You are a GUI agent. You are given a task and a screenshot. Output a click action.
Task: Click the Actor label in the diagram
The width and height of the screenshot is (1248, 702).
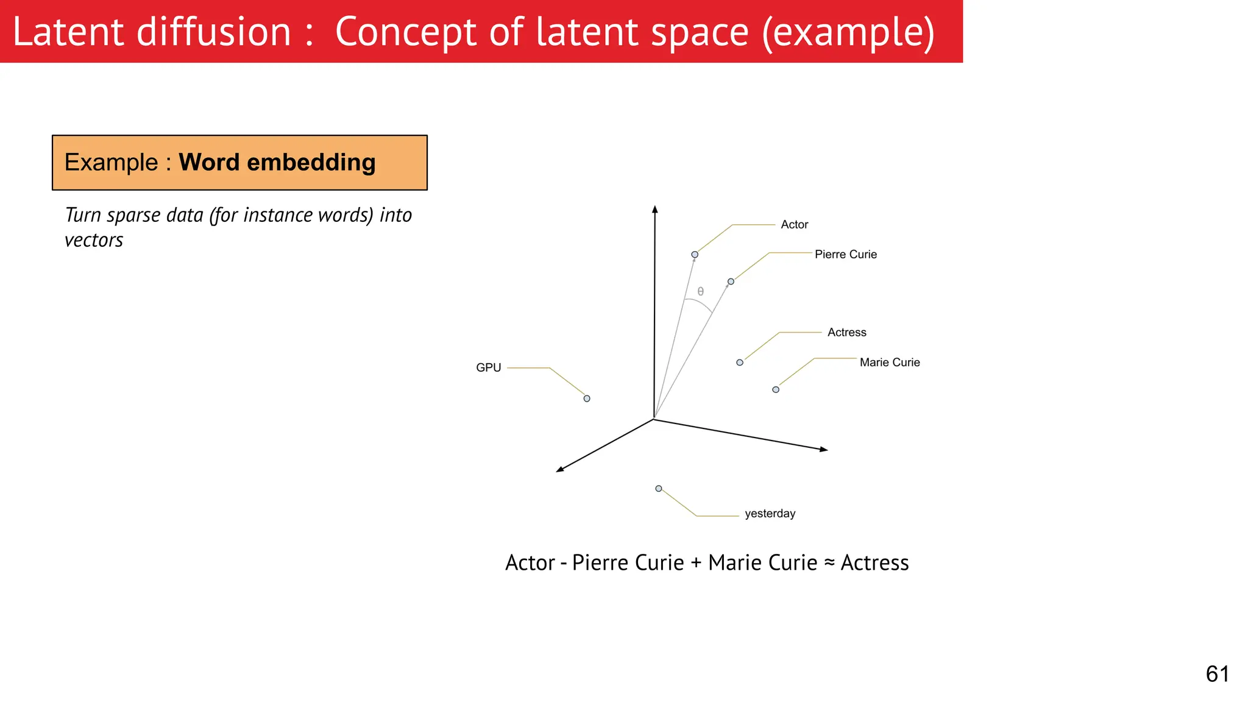tap(794, 225)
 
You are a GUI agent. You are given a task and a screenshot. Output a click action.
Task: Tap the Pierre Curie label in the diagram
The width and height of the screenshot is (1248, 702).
tap(845, 255)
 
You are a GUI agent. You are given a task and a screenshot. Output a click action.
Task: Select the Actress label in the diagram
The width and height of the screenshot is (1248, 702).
tap(846, 333)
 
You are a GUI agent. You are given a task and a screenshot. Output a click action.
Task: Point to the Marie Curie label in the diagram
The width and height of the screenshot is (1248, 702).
tap(889, 363)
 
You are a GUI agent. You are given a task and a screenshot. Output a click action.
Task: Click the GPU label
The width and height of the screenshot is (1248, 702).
tap(488, 368)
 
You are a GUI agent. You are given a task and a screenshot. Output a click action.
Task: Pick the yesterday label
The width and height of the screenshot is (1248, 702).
tap(770, 514)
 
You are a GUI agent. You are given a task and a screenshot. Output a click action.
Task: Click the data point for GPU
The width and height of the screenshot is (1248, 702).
tap(587, 399)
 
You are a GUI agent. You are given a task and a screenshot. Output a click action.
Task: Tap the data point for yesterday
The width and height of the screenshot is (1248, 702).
tap(659, 489)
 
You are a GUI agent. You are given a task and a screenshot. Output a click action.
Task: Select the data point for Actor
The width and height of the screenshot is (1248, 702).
tap(695, 255)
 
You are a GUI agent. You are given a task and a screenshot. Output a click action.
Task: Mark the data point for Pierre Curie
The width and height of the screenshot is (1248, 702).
tap(731, 282)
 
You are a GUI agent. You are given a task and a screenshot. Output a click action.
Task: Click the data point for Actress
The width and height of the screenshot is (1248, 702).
tap(740, 363)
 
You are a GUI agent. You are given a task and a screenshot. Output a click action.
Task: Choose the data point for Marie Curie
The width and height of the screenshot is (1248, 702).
tap(776, 389)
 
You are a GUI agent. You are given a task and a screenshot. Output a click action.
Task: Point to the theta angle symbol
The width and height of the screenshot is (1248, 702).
tap(701, 292)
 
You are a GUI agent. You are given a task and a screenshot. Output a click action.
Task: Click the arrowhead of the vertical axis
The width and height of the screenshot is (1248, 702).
tap(655, 210)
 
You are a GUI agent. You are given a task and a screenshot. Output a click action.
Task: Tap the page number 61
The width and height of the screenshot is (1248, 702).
tap(1217, 674)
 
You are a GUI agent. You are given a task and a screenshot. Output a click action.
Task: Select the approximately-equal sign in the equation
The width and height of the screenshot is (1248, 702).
tap(829, 562)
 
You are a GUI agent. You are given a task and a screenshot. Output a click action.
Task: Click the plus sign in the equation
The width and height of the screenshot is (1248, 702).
tap(696, 563)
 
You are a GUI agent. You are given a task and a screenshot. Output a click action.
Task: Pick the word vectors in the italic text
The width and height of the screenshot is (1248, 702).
tap(94, 241)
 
